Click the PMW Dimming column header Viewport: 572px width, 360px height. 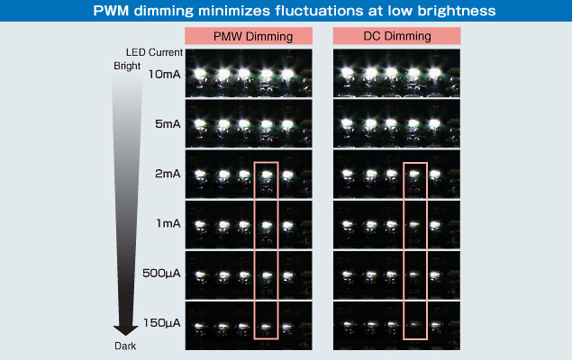click(x=253, y=36)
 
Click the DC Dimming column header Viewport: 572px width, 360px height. click(x=397, y=36)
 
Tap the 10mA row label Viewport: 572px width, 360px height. click(x=165, y=75)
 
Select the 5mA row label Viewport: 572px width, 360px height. click(x=168, y=124)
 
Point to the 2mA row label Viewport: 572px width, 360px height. click(x=168, y=174)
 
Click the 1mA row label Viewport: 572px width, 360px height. click(x=168, y=223)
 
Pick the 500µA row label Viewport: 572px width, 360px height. click(x=161, y=273)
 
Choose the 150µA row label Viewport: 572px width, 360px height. click(x=162, y=323)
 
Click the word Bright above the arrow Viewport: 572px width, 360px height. click(x=127, y=66)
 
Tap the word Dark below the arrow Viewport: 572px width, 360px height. click(x=125, y=346)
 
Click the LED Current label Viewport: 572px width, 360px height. click(x=154, y=52)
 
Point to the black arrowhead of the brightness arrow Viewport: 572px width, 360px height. click(x=125, y=330)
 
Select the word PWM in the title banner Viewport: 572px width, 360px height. click(x=111, y=11)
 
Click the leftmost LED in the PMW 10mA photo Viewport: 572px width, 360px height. click(x=200, y=74)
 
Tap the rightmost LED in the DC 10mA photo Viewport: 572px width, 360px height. click(x=435, y=73)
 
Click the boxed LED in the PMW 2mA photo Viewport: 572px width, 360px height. click(x=267, y=175)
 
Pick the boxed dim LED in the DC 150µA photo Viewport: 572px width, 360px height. click(x=413, y=324)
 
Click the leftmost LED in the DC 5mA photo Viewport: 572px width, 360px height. click(x=348, y=123)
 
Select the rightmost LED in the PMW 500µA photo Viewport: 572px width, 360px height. click(x=287, y=274)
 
